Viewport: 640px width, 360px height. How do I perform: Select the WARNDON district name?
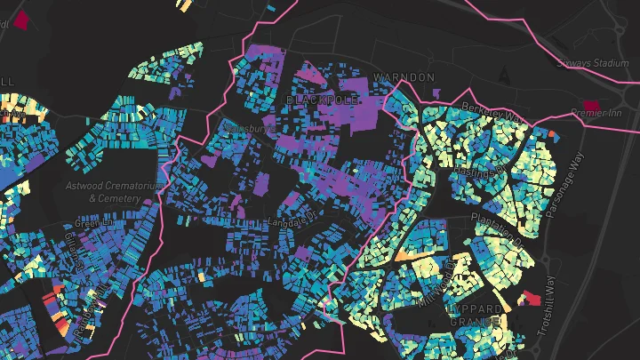[404, 78]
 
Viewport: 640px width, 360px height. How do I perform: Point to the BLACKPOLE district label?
[321, 100]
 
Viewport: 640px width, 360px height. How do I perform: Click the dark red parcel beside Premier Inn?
[588, 105]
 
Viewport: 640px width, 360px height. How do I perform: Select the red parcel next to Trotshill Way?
[532, 298]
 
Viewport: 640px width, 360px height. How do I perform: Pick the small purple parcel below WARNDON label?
[436, 92]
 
